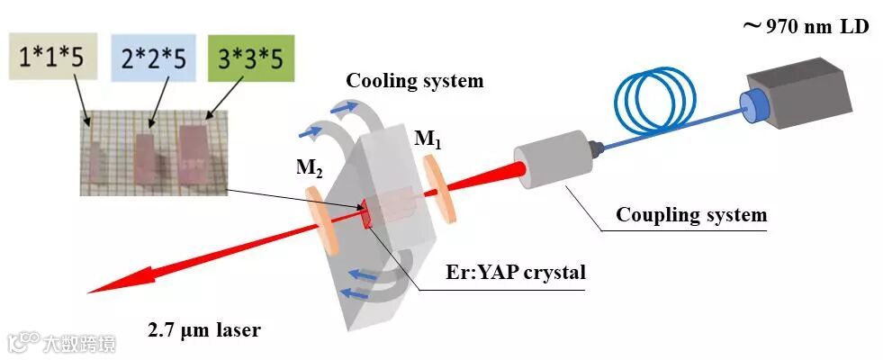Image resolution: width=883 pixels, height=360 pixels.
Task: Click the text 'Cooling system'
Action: [x=415, y=81]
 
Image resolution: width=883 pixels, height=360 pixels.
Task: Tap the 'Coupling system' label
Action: [x=690, y=215]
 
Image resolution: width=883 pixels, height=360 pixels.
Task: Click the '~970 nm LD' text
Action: [x=805, y=27]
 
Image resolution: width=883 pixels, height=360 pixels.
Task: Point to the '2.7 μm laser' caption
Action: [x=204, y=330]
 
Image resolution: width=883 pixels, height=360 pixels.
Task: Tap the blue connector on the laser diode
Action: [x=751, y=105]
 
